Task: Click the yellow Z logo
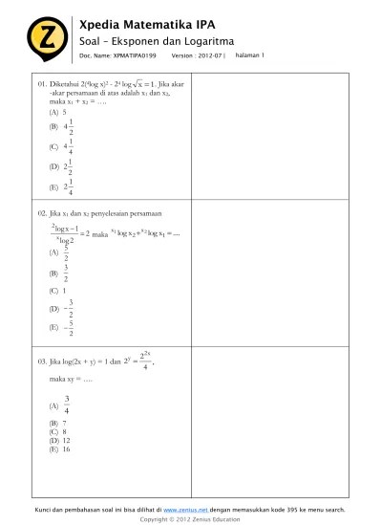pyautogui.click(x=41, y=37)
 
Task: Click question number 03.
pyautogui.click(x=43, y=362)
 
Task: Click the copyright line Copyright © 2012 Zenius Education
pyautogui.click(x=190, y=519)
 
